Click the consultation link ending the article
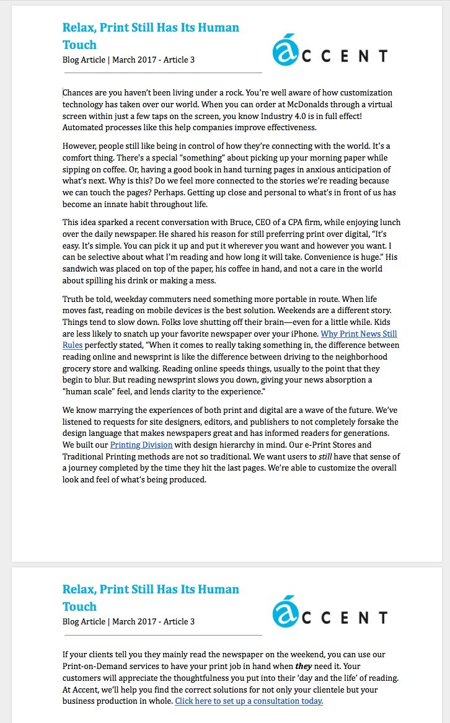[x=249, y=701]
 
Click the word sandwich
[x=82, y=269]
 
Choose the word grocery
[x=78, y=368]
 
